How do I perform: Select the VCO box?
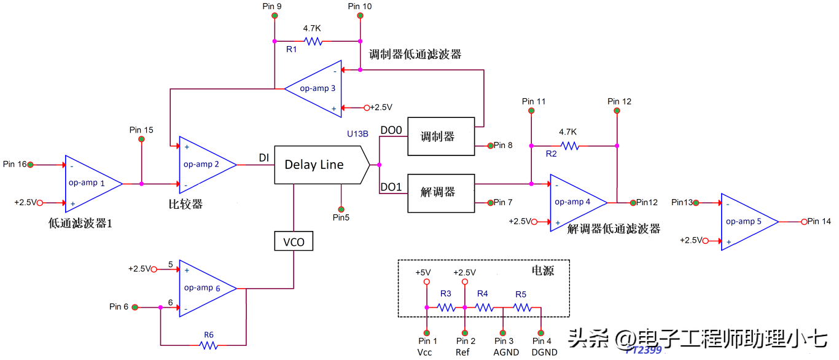pyautogui.click(x=294, y=241)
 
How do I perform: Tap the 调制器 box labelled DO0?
pyautogui.click(x=441, y=136)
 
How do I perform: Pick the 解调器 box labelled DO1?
pyautogui.click(x=441, y=193)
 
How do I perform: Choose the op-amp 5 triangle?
pyautogui.click(x=746, y=221)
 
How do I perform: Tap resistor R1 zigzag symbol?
pyautogui.click(x=313, y=41)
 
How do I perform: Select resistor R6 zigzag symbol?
pyautogui.click(x=209, y=345)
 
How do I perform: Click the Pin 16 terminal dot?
pyautogui.click(x=29, y=165)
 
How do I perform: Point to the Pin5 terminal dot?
pyautogui.click(x=341, y=209)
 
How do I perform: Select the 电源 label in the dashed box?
pyautogui.click(x=542, y=270)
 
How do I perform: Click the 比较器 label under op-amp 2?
pyautogui.click(x=185, y=204)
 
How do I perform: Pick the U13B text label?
pyautogui.click(x=358, y=133)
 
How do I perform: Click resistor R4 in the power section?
pyautogui.click(x=483, y=307)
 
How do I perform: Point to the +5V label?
pyautogui.click(x=424, y=272)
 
